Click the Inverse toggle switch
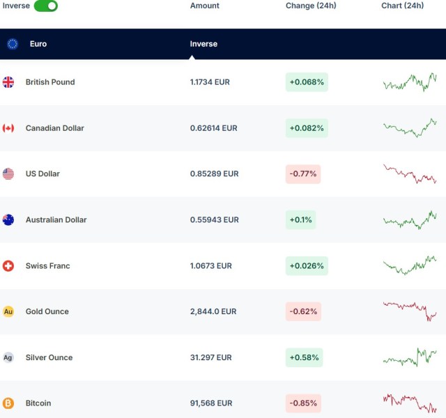point(45,6)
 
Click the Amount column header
point(204,6)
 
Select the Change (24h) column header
point(311,6)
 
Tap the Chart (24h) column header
point(402,6)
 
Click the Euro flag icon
point(13,44)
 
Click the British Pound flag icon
point(8,82)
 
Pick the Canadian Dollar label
point(54,128)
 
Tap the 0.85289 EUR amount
point(214,174)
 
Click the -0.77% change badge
point(303,174)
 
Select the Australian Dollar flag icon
point(8,220)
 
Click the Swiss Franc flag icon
point(8,266)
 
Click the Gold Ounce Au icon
point(8,311)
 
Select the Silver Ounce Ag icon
point(8,357)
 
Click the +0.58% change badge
point(305,357)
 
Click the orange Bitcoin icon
point(8,403)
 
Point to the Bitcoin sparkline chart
point(410,403)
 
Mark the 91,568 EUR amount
point(210,403)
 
